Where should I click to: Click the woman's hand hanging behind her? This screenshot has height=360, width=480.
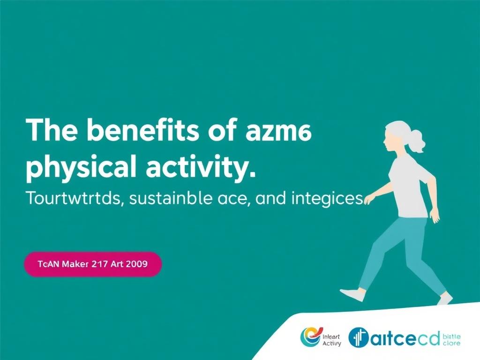(x=435, y=217)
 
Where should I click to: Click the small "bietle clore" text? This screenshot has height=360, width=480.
(x=451, y=339)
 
